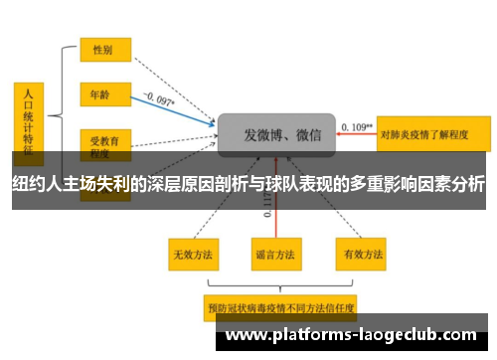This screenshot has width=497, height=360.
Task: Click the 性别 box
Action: coord(103,48)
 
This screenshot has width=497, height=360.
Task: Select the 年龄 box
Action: coord(103,94)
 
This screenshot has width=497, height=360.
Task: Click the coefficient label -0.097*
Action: coord(159,98)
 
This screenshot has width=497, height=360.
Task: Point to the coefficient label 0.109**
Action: coord(356,126)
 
